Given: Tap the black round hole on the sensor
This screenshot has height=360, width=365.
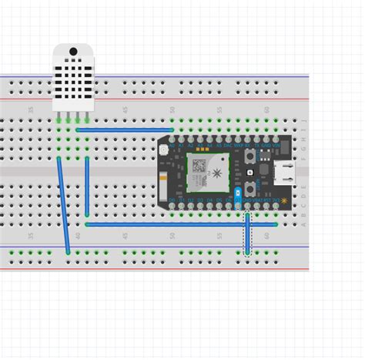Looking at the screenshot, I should click(x=73, y=52).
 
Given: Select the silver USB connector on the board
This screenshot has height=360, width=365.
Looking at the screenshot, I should click(x=286, y=173).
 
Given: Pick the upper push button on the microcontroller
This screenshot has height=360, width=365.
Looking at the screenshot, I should click(x=251, y=157).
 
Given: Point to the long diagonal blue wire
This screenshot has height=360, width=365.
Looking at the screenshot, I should click(x=63, y=204).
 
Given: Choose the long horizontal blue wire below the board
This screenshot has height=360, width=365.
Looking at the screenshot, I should click(x=181, y=224).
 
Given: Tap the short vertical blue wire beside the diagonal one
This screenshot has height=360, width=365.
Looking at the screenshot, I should click(x=87, y=186).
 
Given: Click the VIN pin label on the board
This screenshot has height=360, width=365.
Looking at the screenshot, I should click(x=276, y=145).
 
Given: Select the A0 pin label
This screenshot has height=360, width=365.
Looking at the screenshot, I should click(x=171, y=145).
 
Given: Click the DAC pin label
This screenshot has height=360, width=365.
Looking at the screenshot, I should click(x=229, y=145).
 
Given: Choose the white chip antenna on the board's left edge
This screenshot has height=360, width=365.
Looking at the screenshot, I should click(x=162, y=185).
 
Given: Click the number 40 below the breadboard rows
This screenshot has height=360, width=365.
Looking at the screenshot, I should click(x=77, y=236).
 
